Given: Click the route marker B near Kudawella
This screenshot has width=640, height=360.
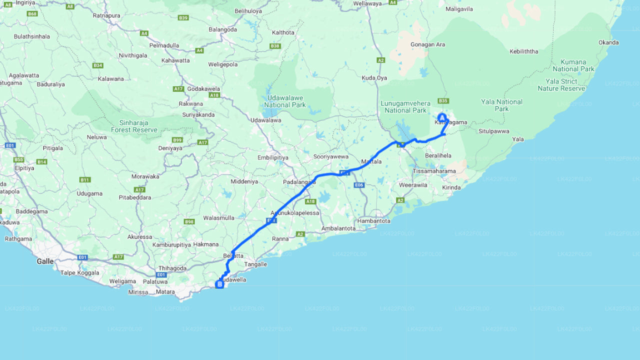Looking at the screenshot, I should pos(219,284).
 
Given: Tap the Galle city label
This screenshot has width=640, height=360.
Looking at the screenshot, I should pos(45,261).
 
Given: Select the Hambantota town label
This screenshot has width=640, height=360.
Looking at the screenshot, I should pos(373,220).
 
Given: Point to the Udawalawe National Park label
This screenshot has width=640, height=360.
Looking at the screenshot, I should pos(285,101).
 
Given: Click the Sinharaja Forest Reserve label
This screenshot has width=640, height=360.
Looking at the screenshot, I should pos(138,126).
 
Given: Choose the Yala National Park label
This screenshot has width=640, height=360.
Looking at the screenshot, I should pos(501,105).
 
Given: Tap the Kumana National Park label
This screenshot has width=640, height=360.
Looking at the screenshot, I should pos(573,65).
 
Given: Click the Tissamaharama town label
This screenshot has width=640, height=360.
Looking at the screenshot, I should pos(434,171).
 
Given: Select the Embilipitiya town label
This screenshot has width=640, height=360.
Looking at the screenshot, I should pos(273,157).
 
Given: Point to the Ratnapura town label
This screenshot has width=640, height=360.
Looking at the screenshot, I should pos(106,15).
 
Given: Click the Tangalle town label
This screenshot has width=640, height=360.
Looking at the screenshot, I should pos(256,264).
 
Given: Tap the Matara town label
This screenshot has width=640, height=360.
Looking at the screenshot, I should pos(165,291).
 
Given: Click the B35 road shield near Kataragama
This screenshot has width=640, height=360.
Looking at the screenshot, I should pos(443,100).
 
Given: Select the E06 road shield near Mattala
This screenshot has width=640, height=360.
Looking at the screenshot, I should pos(358,185).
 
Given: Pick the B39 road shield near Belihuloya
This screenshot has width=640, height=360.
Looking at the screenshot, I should pos(183,18).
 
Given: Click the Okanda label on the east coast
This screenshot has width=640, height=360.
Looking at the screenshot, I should pos(608,42).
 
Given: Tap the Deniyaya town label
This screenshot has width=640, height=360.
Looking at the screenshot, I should pos(170,148).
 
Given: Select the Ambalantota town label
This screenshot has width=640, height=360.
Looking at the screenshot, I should pos(338,228).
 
